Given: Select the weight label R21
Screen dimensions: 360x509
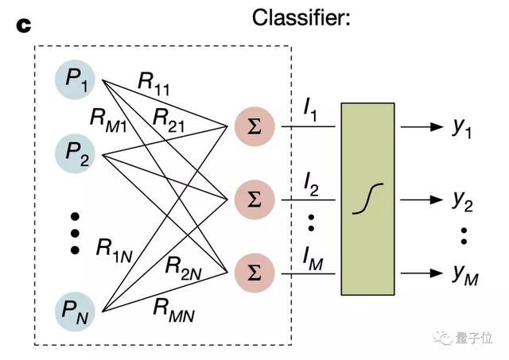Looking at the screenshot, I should [170, 119].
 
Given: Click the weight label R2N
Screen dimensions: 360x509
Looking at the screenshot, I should [185, 266].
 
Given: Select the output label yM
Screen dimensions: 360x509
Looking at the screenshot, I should [464, 275].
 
